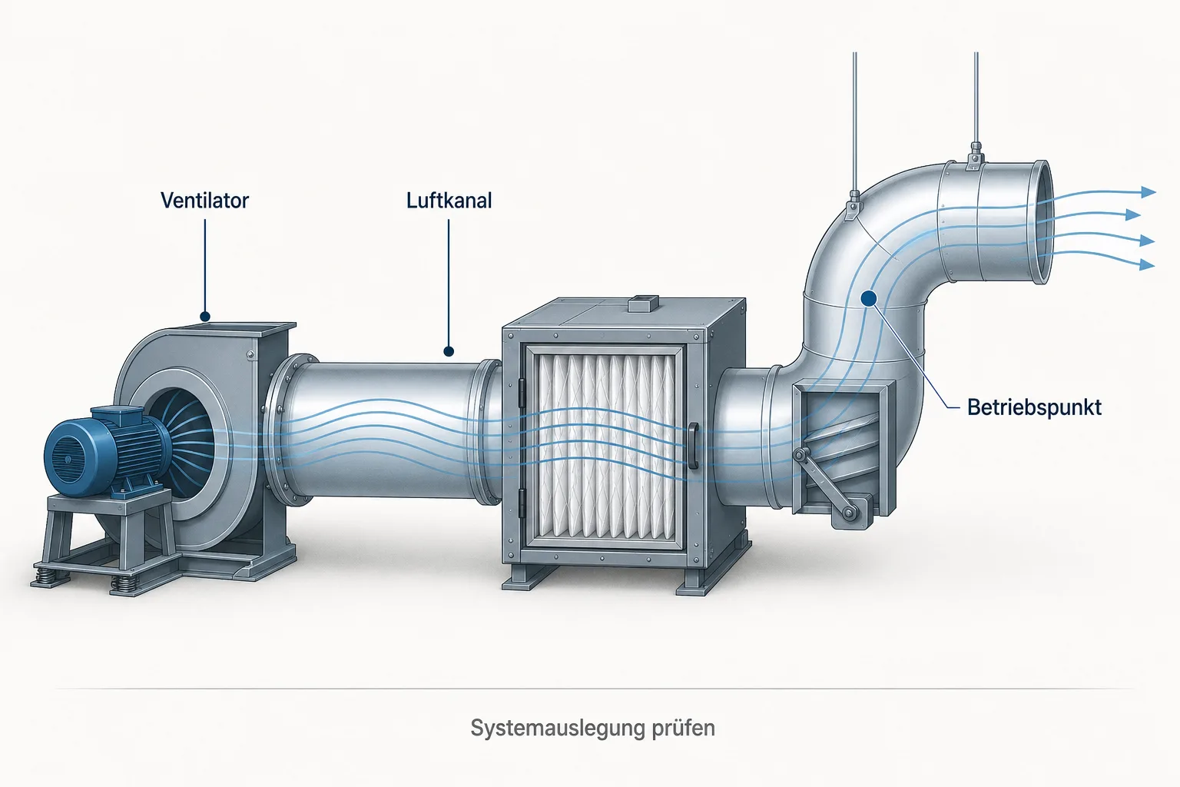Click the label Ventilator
[x=204, y=201]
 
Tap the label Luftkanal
[x=449, y=201]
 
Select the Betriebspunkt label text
[x=1034, y=408]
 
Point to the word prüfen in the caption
[x=683, y=729]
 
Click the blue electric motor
[x=105, y=450]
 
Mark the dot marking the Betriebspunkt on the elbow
[x=869, y=299]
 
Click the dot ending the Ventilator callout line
[x=205, y=317]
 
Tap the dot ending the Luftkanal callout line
[x=449, y=351]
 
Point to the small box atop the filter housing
[x=643, y=303]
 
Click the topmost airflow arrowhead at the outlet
[x=1149, y=192]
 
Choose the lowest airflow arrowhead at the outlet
[x=1147, y=264]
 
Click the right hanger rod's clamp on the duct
[x=976, y=158]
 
